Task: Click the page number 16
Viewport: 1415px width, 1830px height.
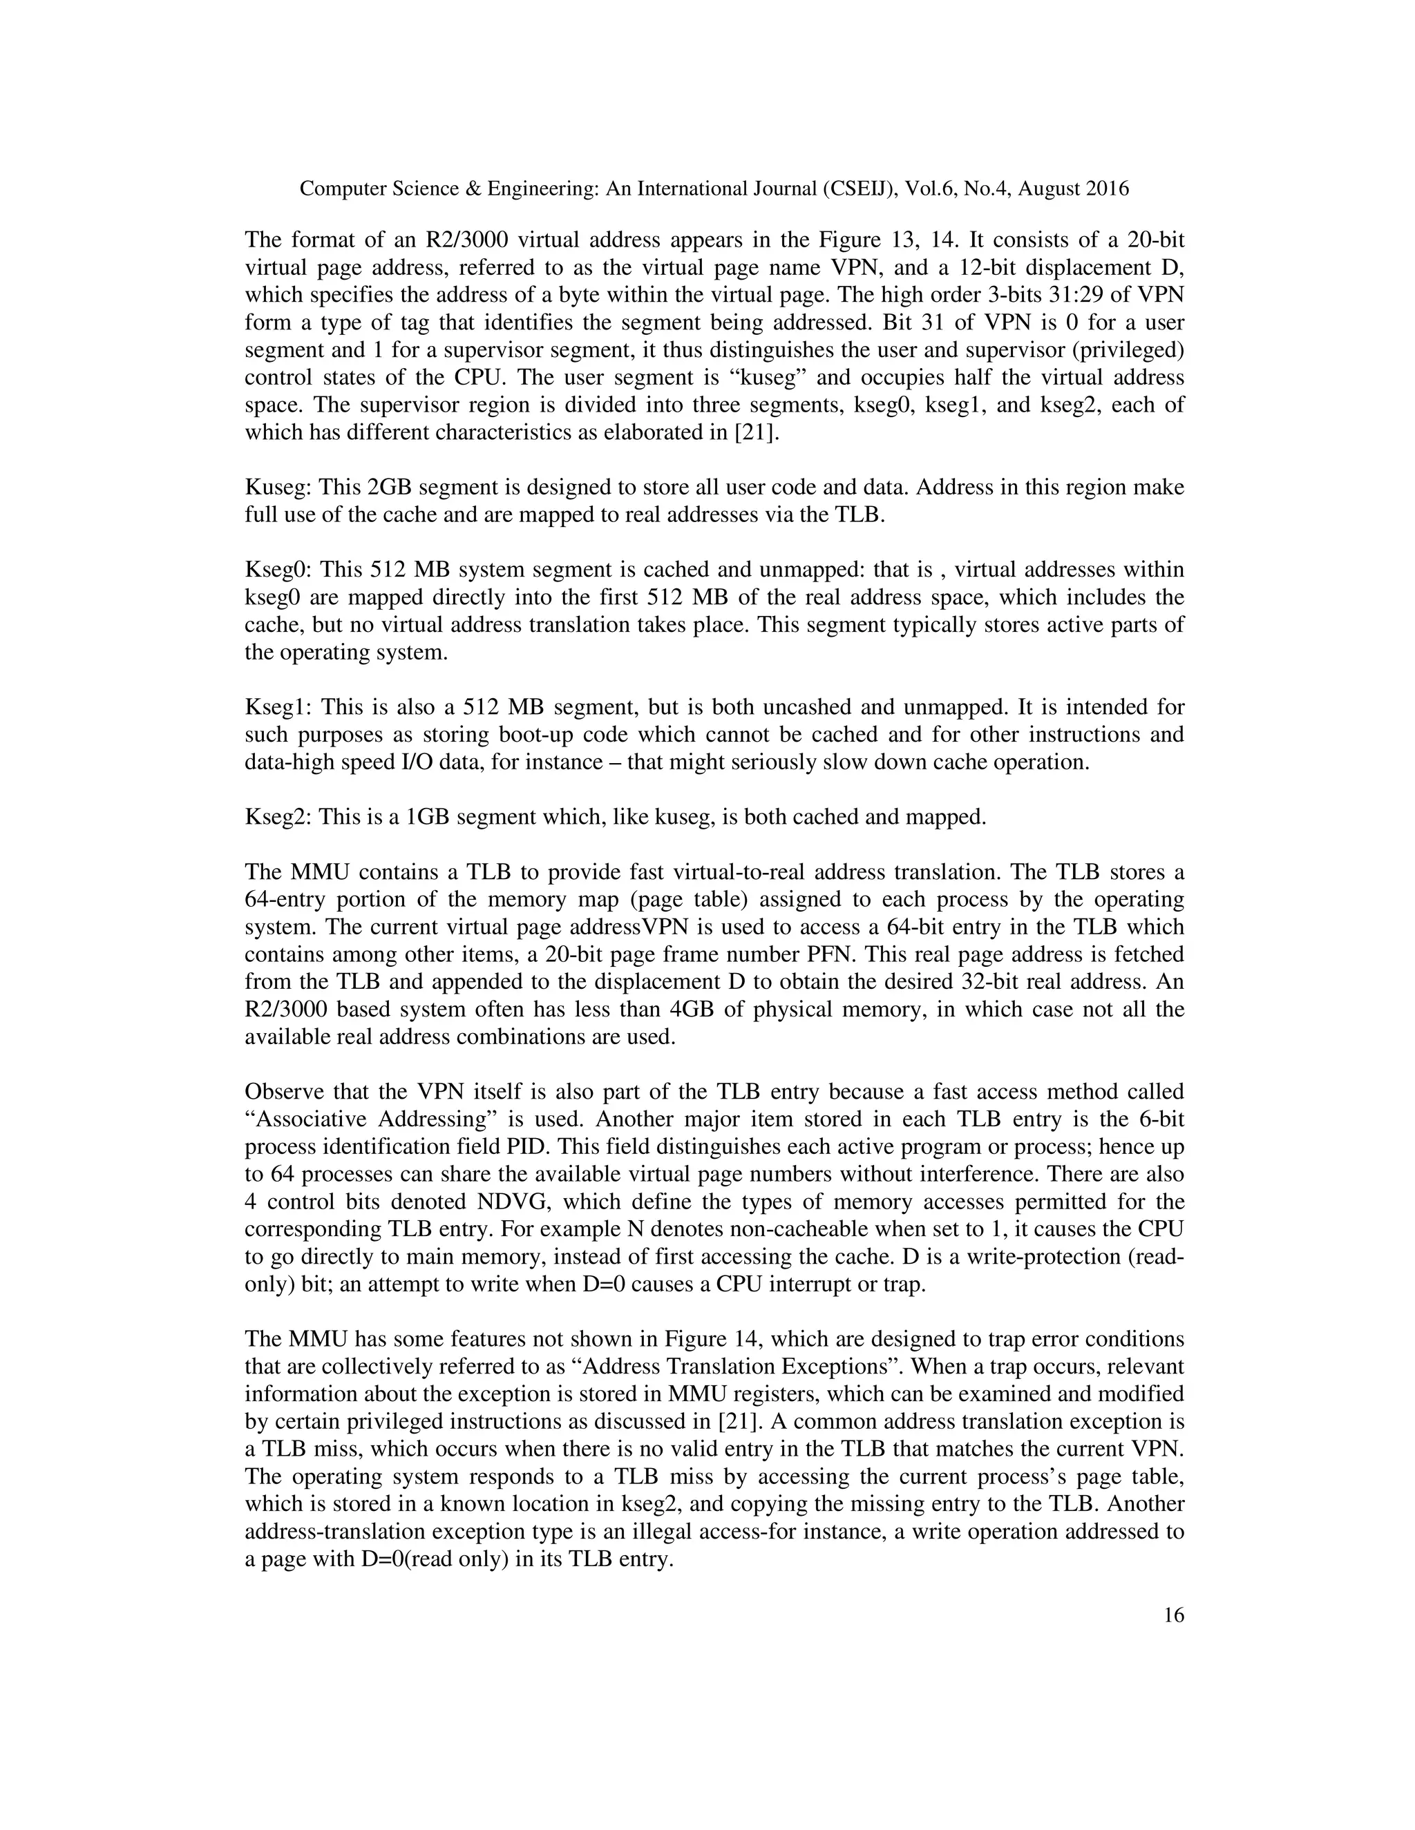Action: click(x=1174, y=1615)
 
